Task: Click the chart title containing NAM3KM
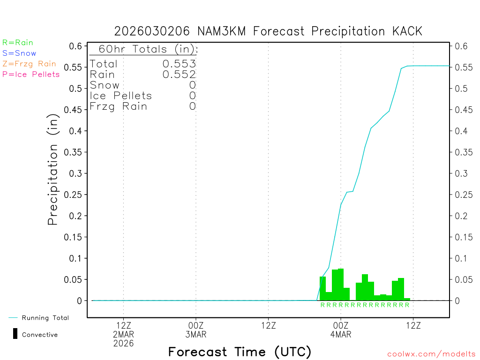268,31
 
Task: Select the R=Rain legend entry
18,43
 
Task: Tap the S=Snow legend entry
19,53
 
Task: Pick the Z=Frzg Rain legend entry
29,64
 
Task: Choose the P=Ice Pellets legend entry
31,74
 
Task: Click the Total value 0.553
179,64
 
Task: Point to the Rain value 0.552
179,74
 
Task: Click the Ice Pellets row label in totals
121,96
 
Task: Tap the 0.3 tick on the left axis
77,173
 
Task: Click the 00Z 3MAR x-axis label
196,330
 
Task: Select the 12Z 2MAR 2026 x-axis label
123,335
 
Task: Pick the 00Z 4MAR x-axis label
341,330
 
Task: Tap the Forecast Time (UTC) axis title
240,352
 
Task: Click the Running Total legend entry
45,318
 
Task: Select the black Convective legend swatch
15,334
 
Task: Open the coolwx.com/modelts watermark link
431,354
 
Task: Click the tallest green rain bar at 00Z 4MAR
341,285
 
